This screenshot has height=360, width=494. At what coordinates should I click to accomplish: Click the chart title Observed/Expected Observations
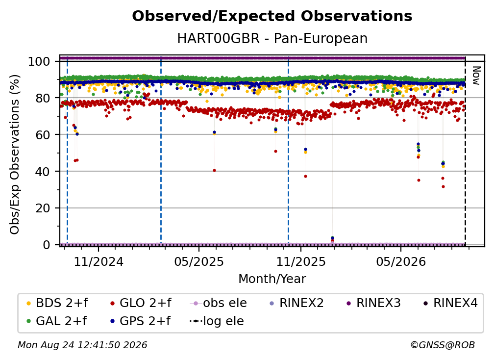coord(272,16)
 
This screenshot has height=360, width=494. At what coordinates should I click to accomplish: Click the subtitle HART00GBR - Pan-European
coord(272,39)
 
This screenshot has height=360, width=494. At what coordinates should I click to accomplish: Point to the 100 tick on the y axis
coord(39,61)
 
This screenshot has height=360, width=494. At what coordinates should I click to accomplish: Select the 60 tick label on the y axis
coord(43,134)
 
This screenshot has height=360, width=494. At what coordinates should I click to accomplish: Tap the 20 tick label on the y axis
coord(43,208)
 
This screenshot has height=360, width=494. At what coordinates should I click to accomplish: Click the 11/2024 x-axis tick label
coord(99,261)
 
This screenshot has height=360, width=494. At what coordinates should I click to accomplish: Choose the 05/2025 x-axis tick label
coord(199,261)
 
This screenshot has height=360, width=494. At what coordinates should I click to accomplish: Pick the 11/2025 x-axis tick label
coord(301,261)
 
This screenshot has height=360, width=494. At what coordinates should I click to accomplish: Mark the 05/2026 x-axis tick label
coord(401,261)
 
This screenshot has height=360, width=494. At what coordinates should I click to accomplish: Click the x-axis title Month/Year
coord(272,279)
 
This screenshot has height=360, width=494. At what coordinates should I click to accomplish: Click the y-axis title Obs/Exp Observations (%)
coord(15,154)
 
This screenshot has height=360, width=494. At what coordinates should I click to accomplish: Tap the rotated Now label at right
coord(476,76)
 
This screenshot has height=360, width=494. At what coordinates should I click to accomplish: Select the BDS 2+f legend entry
coord(57,303)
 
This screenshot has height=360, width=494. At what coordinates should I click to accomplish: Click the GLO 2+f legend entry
coord(141,303)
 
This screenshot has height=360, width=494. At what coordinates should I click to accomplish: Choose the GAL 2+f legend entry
coord(56,321)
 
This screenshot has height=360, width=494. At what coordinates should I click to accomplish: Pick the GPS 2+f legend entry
coord(140,321)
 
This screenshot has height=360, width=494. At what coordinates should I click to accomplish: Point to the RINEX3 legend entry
coord(373,303)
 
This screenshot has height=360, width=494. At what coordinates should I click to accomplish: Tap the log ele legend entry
coord(217,321)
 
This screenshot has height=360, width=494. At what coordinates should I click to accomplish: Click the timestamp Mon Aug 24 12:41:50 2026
coord(82,345)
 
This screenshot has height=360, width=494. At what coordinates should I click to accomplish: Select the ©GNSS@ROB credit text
coord(443,345)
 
